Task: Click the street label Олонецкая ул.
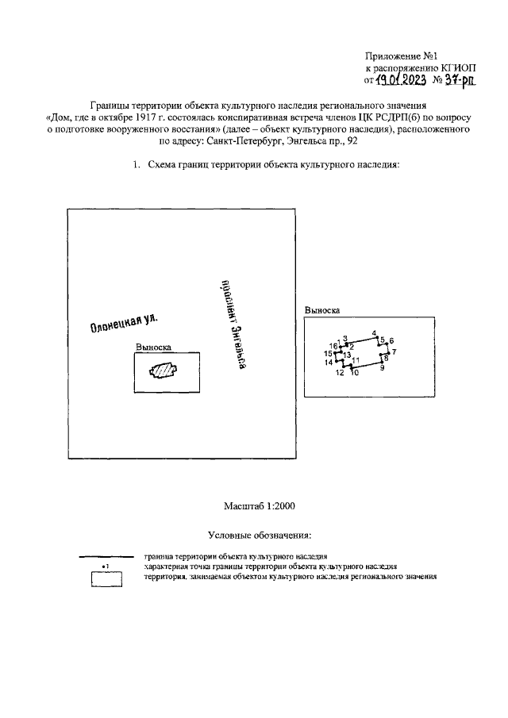click(x=124, y=323)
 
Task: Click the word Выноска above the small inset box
click(x=153, y=347)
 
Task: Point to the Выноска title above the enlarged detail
click(x=322, y=311)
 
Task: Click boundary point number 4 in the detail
click(x=376, y=337)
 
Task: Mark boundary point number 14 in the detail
click(x=337, y=361)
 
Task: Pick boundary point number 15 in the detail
click(x=337, y=351)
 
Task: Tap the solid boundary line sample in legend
click(x=106, y=557)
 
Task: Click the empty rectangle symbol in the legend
click(x=106, y=580)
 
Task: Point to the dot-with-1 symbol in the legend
click(x=106, y=566)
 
